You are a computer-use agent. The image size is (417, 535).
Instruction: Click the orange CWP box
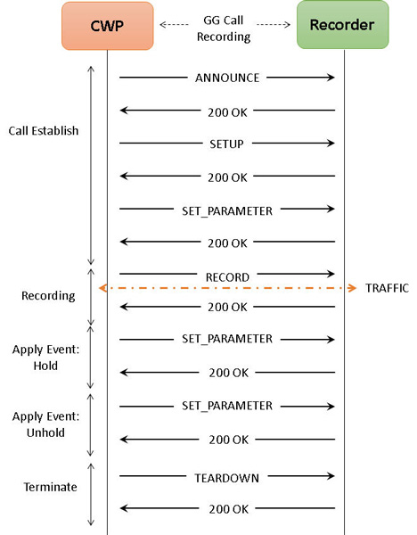pyautogui.click(x=108, y=26)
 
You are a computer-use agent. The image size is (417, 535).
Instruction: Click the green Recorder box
pyautogui.click(x=343, y=25)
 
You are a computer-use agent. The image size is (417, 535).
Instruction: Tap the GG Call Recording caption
pyautogui.click(x=224, y=29)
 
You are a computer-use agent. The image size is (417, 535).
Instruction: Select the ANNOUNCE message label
pyautogui.click(x=227, y=78)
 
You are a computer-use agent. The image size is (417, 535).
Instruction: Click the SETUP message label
pyautogui.click(x=226, y=144)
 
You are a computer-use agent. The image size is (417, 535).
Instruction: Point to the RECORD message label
pyautogui.click(x=227, y=277)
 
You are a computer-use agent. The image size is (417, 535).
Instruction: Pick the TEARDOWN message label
pyautogui.click(x=226, y=478)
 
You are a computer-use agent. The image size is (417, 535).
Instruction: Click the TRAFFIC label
pyautogui.click(x=387, y=288)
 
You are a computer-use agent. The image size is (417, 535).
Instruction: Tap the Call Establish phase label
pyautogui.click(x=44, y=131)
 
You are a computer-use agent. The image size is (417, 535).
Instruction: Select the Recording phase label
pyautogui.click(x=48, y=296)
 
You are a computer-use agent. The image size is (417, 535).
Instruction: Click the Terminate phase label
pyautogui.click(x=50, y=487)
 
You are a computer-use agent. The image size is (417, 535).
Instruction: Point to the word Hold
pyautogui.click(x=45, y=366)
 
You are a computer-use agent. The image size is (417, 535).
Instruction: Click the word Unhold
pyautogui.click(x=45, y=432)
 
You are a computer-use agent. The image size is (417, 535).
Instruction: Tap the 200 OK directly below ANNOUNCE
pyautogui.click(x=227, y=112)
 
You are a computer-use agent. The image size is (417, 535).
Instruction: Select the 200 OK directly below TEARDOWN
pyautogui.click(x=229, y=509)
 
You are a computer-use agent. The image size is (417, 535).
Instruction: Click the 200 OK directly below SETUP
pyautogui.click(x=227, y=177)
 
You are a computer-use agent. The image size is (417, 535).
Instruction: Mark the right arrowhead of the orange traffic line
pyautogui.click(x=353, y=288)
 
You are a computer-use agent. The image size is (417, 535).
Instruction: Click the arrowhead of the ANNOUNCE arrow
pyautogui.click(x=331, y=78)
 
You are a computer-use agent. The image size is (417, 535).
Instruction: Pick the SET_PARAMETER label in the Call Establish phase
pyautogui.click(x=227, y=210)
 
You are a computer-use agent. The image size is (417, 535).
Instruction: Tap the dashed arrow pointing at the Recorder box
pyautogui.click(x=274, y=24)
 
